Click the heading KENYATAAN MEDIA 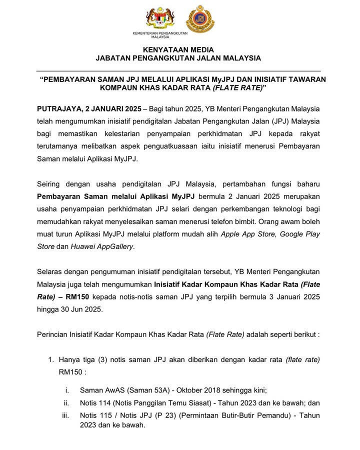pyautogui.click(x=178, y=49)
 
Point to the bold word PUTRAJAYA pyautogui.click(x=57, y=108)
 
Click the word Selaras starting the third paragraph pyautogui.click(x=50, y=272)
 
